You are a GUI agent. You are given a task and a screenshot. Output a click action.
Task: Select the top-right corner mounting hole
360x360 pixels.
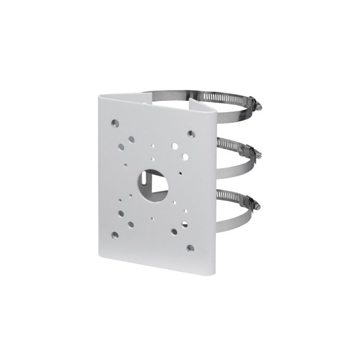tap(191, 134)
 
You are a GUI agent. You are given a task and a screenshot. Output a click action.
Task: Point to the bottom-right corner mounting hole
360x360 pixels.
tap(190, 247)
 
